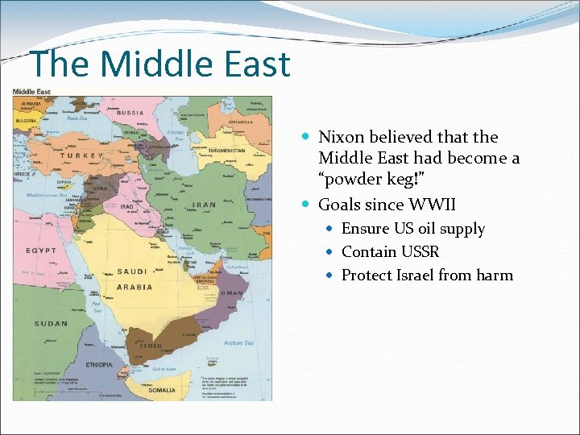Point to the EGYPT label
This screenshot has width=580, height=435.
tap(39, 251)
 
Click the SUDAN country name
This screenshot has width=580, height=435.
tap(50, 324)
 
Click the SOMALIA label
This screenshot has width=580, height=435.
tap(160, 391)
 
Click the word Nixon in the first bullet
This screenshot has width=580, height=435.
tap(341, 138)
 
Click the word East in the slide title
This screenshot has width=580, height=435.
tap(247, 64)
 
